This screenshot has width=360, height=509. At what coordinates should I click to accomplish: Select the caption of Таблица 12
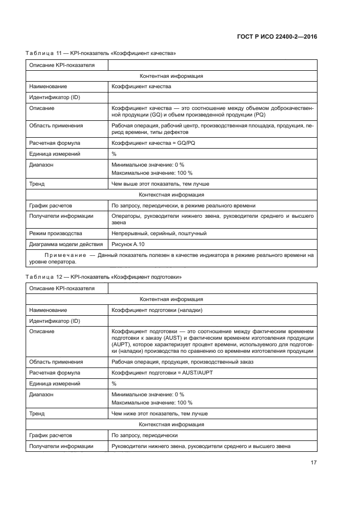tap(103, 277)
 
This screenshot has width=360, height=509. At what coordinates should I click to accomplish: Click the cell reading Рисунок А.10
tap(128, 244)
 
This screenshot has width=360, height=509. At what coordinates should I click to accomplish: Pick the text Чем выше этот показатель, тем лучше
tap(160, 184)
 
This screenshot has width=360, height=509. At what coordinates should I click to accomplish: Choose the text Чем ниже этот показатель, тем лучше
tap(160, 413)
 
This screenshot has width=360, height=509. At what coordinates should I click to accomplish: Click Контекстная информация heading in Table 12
tap(172, 424)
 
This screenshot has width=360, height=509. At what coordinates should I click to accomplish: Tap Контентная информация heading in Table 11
tap(172, 76)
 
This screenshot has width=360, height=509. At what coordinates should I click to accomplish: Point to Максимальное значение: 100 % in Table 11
tap(151, 173)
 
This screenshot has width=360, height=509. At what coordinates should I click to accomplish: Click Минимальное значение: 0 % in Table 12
tap(148, 394)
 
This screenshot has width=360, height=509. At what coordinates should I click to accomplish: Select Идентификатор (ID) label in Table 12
tap(54, 321)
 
